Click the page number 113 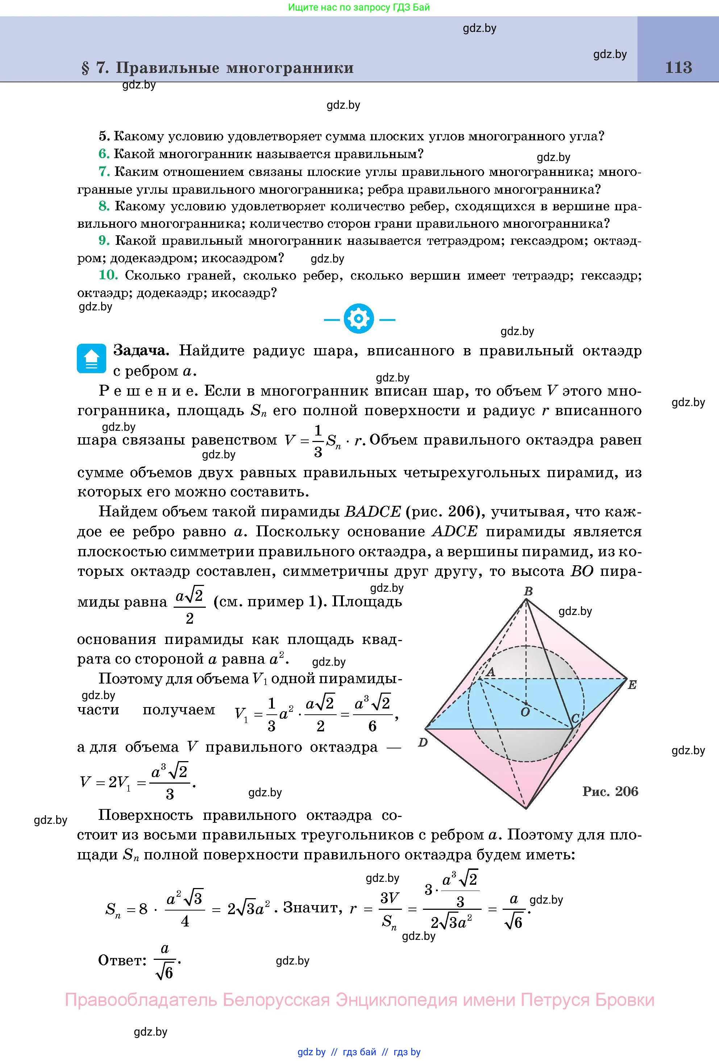[x=678, y=67]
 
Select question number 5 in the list [x=104, y=136]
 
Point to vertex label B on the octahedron [x=528, y=591]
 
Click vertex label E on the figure [x=632, y=685]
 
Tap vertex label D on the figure [x=423, y=743]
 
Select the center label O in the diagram [x=525, y=712]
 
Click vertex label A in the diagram [x=491, y=672]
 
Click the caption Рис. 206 [x=610, y=791]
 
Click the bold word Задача [x=141, y=351]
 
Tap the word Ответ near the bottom [x=122, y=961]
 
